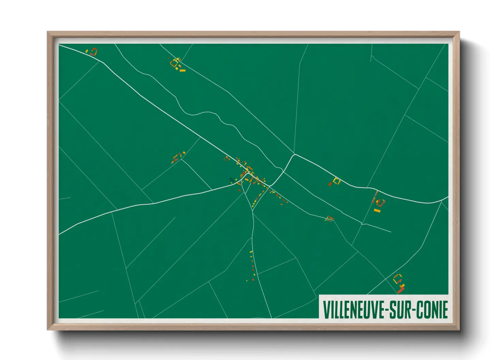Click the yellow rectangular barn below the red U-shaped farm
(377, 211)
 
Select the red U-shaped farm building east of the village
(381, 203)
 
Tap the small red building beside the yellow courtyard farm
(330, 184)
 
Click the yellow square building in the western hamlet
(176, 158)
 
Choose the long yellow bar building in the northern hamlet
(182, 70)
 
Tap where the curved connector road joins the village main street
(269, 186)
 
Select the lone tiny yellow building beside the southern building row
(247, 280)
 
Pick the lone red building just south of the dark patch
(239, 190)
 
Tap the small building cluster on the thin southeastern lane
(329, 218)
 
